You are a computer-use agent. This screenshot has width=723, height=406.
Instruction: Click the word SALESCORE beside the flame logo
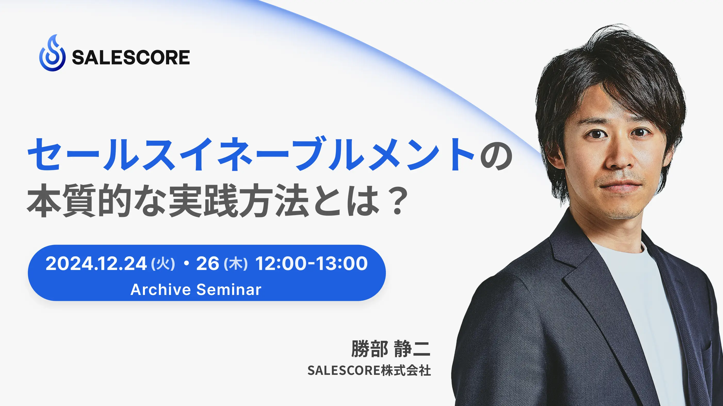pos(131,57)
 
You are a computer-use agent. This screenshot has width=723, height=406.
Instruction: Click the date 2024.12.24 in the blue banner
pos(96,264)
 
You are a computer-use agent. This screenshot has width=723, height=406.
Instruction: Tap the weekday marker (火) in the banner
pos(163,264)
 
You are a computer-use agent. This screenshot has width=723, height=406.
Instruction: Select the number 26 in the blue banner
pos(208,264)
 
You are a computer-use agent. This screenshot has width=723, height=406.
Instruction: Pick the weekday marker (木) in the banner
pos(235,264)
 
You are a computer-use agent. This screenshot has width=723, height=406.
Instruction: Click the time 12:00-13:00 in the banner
pos(311,264)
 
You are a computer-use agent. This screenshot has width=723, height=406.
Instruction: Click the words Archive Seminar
pos(196,289)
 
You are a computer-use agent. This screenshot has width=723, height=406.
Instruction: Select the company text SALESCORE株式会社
pos(369,370)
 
